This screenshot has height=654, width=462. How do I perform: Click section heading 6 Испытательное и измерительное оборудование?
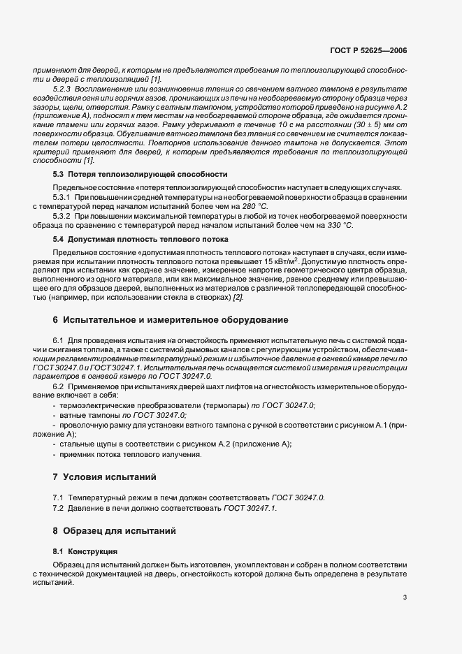click(x=171, y=319)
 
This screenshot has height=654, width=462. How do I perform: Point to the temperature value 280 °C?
click(x=252, y=207)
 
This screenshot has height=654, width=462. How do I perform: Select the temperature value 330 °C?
click(x=338, y=226)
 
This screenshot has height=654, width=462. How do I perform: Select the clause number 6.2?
click(x=58, y=386)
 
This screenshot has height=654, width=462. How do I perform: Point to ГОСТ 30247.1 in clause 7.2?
click(x=250, y=508)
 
